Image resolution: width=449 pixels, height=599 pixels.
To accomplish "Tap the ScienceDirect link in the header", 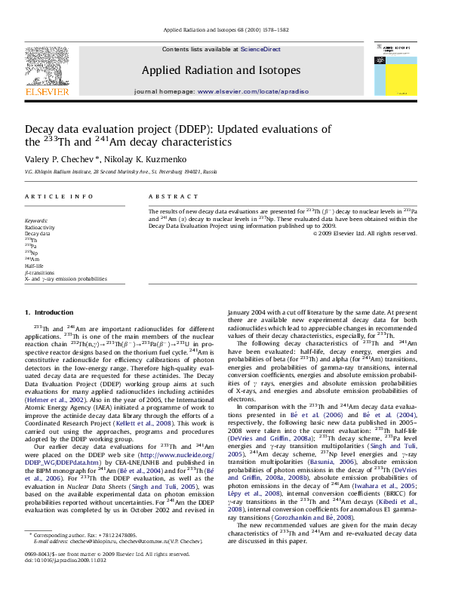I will coord(260,49).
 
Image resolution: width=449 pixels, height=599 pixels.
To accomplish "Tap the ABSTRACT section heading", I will coord(168,196).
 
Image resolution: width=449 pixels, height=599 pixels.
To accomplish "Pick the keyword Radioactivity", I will coord(39,226).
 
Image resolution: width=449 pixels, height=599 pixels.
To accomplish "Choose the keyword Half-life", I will coord(35,266).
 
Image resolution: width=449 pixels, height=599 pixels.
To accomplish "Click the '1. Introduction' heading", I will coord(49,312).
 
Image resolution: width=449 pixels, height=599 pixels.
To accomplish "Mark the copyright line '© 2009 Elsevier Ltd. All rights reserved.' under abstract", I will coord(364,233).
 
